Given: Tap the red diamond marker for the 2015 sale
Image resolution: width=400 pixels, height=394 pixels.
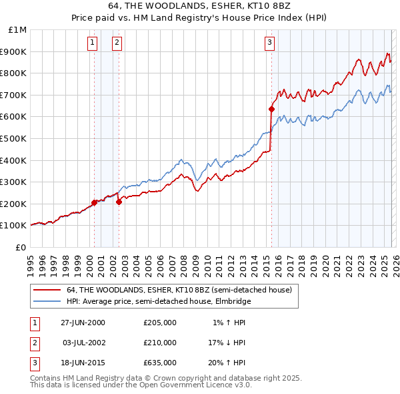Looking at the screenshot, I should click(272, 109).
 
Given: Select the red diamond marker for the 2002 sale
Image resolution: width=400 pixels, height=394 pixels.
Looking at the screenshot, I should click(119, 202).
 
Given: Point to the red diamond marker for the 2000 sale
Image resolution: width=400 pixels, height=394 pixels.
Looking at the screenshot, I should click(95, 203).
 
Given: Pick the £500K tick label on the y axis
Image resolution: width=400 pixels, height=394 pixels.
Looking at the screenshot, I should click(14, 138).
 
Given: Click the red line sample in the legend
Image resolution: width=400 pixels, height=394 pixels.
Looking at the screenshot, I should click(47, 290).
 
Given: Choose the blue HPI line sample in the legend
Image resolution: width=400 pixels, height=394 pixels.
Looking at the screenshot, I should click(47, 301).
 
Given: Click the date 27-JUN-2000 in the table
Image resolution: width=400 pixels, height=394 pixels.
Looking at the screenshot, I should click(83, 323).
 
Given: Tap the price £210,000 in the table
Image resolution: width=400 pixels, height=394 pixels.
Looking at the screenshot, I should click(160, 343).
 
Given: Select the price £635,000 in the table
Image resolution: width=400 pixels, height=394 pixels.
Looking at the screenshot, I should click(160, 363).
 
